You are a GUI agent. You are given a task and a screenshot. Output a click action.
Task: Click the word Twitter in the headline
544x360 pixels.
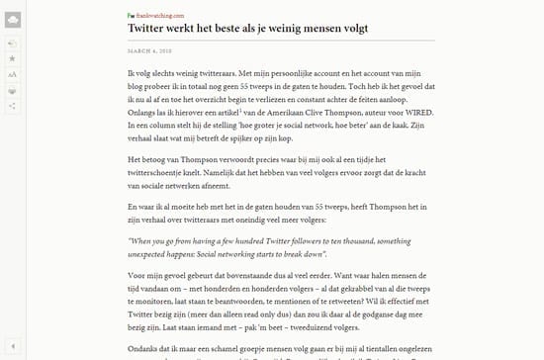(153, 30)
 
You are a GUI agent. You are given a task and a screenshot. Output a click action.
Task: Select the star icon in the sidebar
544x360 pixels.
(12, 59)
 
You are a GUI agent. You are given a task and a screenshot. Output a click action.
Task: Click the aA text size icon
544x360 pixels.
(12, 74)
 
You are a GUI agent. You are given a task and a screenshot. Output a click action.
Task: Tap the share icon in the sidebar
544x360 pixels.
(12, 105)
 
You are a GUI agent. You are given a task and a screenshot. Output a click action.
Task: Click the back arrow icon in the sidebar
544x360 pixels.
(12, 44)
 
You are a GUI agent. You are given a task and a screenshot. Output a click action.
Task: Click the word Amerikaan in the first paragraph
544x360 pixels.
(260, 114)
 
